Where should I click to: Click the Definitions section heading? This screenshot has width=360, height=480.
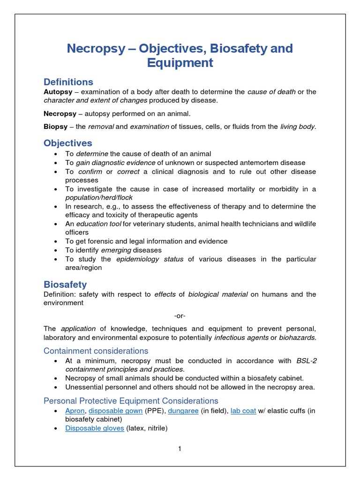68,82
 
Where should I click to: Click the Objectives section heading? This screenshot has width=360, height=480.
68,143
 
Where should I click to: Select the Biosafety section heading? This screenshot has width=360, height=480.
65,284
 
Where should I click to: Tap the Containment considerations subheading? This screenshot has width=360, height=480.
96,351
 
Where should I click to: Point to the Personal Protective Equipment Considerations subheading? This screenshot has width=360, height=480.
131,401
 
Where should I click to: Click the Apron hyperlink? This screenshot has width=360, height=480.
75,411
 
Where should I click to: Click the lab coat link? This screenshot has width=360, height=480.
243,411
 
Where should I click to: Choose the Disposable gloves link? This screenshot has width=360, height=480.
95,428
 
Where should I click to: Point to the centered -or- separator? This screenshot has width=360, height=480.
180,315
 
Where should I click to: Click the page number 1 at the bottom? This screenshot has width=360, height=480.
180,449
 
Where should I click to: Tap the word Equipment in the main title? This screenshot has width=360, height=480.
180,62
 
